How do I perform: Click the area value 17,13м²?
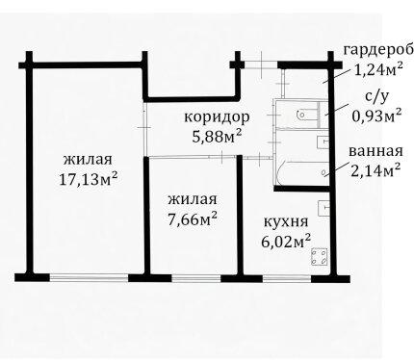tap(88, 179)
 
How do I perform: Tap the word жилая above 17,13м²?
tap(88, 159)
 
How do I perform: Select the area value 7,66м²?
tap(193, 219)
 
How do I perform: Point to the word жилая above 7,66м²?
tap(193, 199)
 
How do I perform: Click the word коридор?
tap(217, 117)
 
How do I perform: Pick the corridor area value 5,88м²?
tap(217, 137)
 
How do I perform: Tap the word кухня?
tap(286, 221)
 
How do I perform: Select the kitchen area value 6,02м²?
tap(286, 241)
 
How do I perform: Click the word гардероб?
tap(378, 51)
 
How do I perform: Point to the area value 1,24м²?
tap(378, 69)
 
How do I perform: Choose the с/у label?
tap(376, 97)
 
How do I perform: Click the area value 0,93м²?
tap(376, 116)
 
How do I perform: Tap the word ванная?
tap(375, 151)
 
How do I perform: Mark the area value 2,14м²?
tap(375, 170)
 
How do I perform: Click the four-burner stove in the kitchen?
tap(320, 257)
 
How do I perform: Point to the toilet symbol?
tap(307, 115)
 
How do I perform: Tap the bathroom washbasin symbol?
tap(323, 142)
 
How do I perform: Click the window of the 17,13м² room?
tap(89, 277)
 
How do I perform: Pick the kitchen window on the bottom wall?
tap(287, 278)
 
